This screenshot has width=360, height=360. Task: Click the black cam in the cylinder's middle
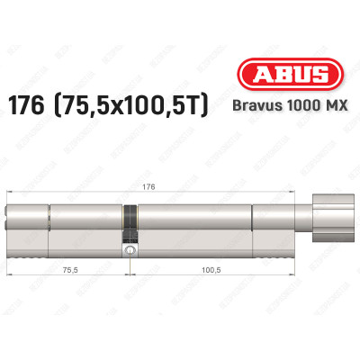pos(130,220)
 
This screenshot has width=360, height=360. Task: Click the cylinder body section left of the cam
pos(85,220)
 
